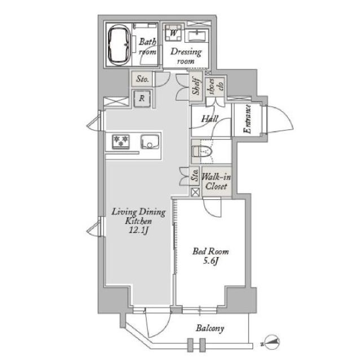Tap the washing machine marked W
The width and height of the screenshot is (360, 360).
click(x=174, y=33)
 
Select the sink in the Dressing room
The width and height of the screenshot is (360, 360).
click(x=199, y=35)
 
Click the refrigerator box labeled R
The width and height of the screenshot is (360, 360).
click(x=142, y=98)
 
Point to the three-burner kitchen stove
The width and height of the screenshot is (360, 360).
click(x=121, y=141)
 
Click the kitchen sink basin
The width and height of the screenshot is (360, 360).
click(x=150, y=141)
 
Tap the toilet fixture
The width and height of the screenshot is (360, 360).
click(x=202, y=151)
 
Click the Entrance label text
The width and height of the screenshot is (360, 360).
click(x=247, y=119)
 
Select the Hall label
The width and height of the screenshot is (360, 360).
click(x=209, y=119)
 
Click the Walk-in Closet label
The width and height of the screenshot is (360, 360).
click(x=216, y=181)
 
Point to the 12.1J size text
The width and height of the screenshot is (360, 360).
click(x=138, y=230)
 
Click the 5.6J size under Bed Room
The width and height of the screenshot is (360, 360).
click(x=210, y=261)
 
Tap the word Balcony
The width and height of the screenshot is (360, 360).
click(x=210, y=328)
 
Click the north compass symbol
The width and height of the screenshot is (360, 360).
click(x=272, y=343)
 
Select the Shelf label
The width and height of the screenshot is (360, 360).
click(x=196, y=85)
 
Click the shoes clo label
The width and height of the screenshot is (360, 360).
click(x=215, y=86)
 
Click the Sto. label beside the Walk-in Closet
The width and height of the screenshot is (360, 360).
click(x=195, y=175)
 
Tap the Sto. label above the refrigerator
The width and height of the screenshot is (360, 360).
click(x=142, y=79)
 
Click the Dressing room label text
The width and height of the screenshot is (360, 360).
click(x=186, y=56)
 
